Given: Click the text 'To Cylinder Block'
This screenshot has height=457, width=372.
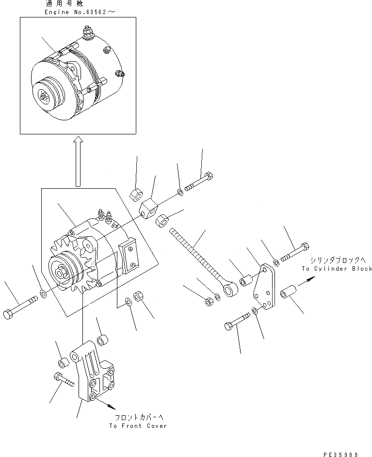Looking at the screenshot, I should (x=337, y=268).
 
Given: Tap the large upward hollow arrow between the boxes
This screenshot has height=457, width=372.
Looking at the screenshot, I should (x=77, y=161).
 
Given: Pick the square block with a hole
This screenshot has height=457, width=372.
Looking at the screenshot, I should (x=149, y=210).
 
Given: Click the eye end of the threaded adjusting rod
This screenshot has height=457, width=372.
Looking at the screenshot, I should (x=228, y=290).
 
